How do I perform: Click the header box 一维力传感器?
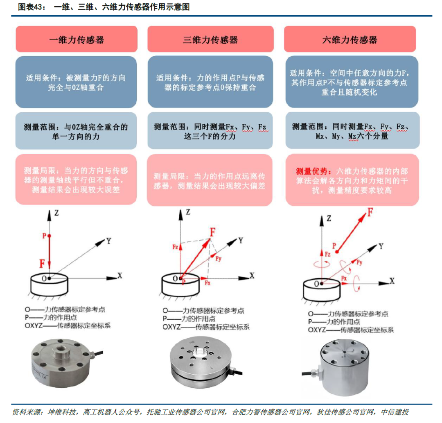point(76,39)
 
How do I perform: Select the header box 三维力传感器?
point(210,39)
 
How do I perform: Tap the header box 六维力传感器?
point(350,39)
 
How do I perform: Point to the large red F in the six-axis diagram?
point(370,212)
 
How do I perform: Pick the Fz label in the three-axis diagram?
point(174,247)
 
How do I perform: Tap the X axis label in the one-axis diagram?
point(120,275)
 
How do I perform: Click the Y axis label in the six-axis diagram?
point(381,246)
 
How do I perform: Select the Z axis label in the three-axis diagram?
point(188,212)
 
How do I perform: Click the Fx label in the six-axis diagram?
point(344,278)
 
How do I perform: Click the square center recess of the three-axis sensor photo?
point(201,351)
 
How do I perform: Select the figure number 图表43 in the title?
point(29,7)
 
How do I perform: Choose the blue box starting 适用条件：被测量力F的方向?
point(76,82)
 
